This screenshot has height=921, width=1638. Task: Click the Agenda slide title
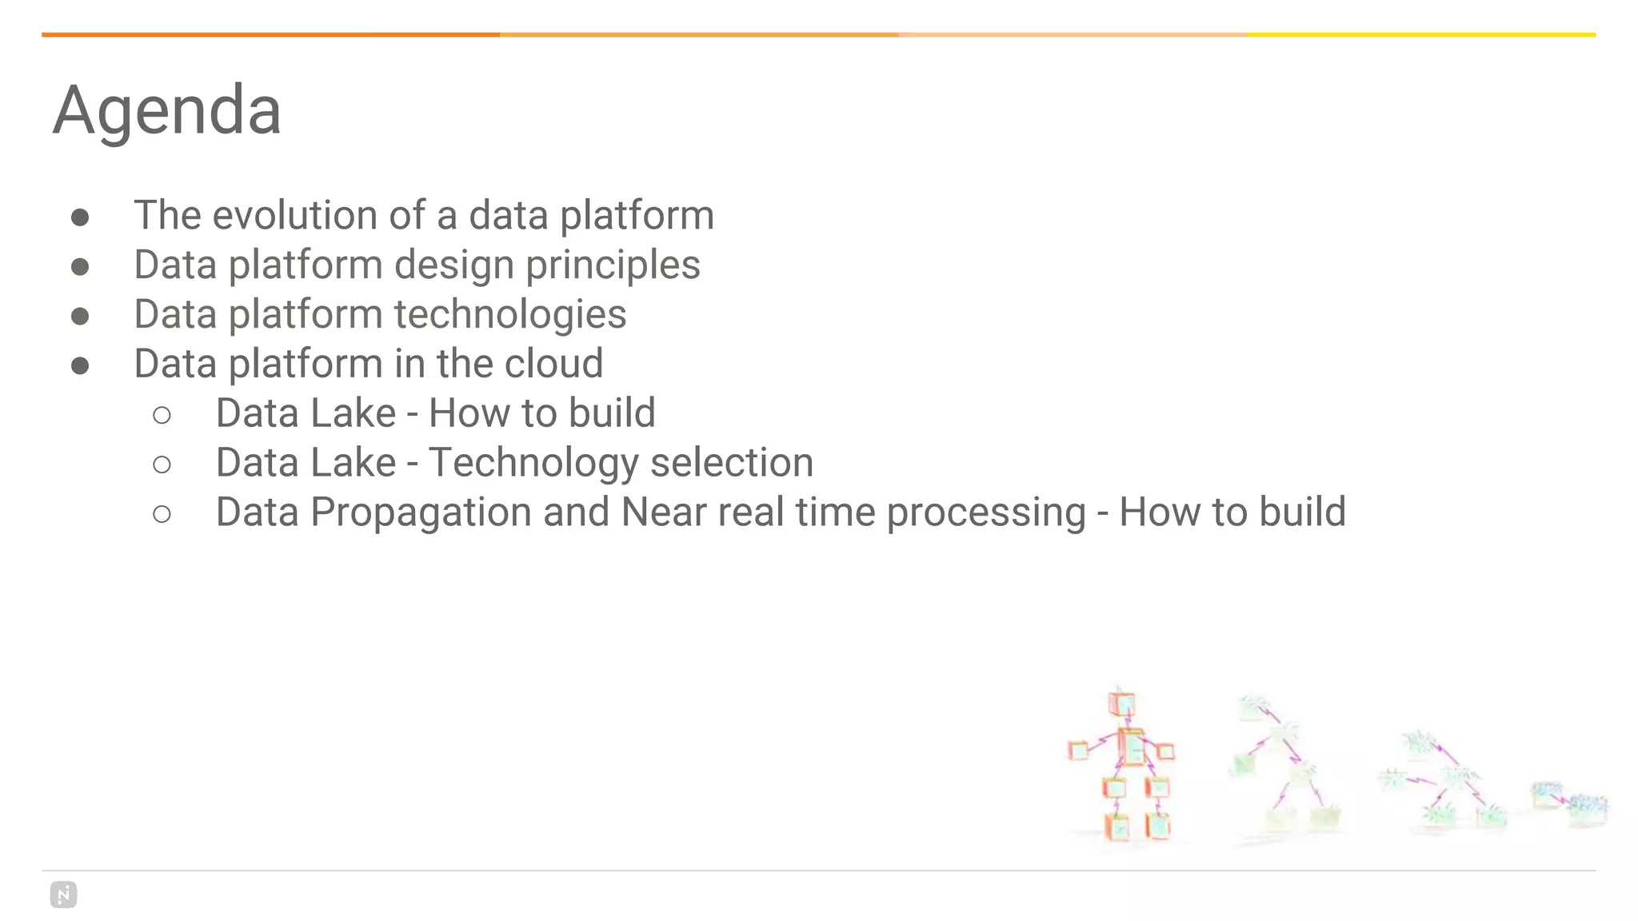pos(166,110)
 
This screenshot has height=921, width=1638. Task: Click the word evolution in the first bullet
pos(294,215)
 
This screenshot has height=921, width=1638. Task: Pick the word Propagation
pos(421,512)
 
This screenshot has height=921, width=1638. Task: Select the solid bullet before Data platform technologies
pos(80,317)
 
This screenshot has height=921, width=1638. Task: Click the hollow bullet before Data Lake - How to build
pos(162,415)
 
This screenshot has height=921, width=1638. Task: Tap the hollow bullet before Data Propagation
pos(162,514)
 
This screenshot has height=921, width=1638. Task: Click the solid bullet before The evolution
pos(80,217)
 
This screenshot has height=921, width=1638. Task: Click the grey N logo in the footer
pos(63,895)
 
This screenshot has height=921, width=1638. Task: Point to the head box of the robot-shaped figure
pos(1121,704)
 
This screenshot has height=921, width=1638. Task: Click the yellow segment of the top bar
pos(1420,34)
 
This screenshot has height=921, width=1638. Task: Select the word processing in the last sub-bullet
pos(985,512)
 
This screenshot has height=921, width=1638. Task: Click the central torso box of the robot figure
pos(1130,747)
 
